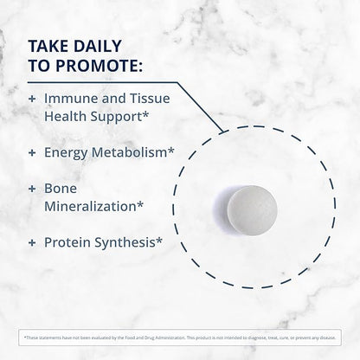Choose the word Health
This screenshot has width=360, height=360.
tap(74, 119)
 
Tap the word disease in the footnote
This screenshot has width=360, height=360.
tap(319, 336)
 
